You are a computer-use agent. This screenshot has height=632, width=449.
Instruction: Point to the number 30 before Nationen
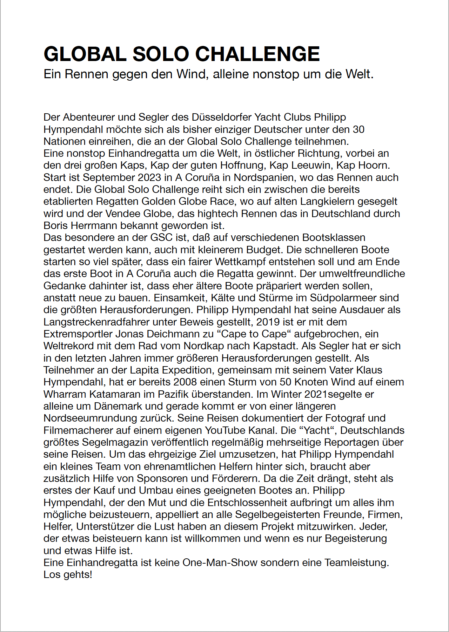[x=358, y=129]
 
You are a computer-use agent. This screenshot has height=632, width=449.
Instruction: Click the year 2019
[x=268, y=322]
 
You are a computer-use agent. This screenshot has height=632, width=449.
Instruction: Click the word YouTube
[x=227, y=430]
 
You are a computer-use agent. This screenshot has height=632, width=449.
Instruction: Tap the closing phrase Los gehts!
[x=68, y=574]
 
